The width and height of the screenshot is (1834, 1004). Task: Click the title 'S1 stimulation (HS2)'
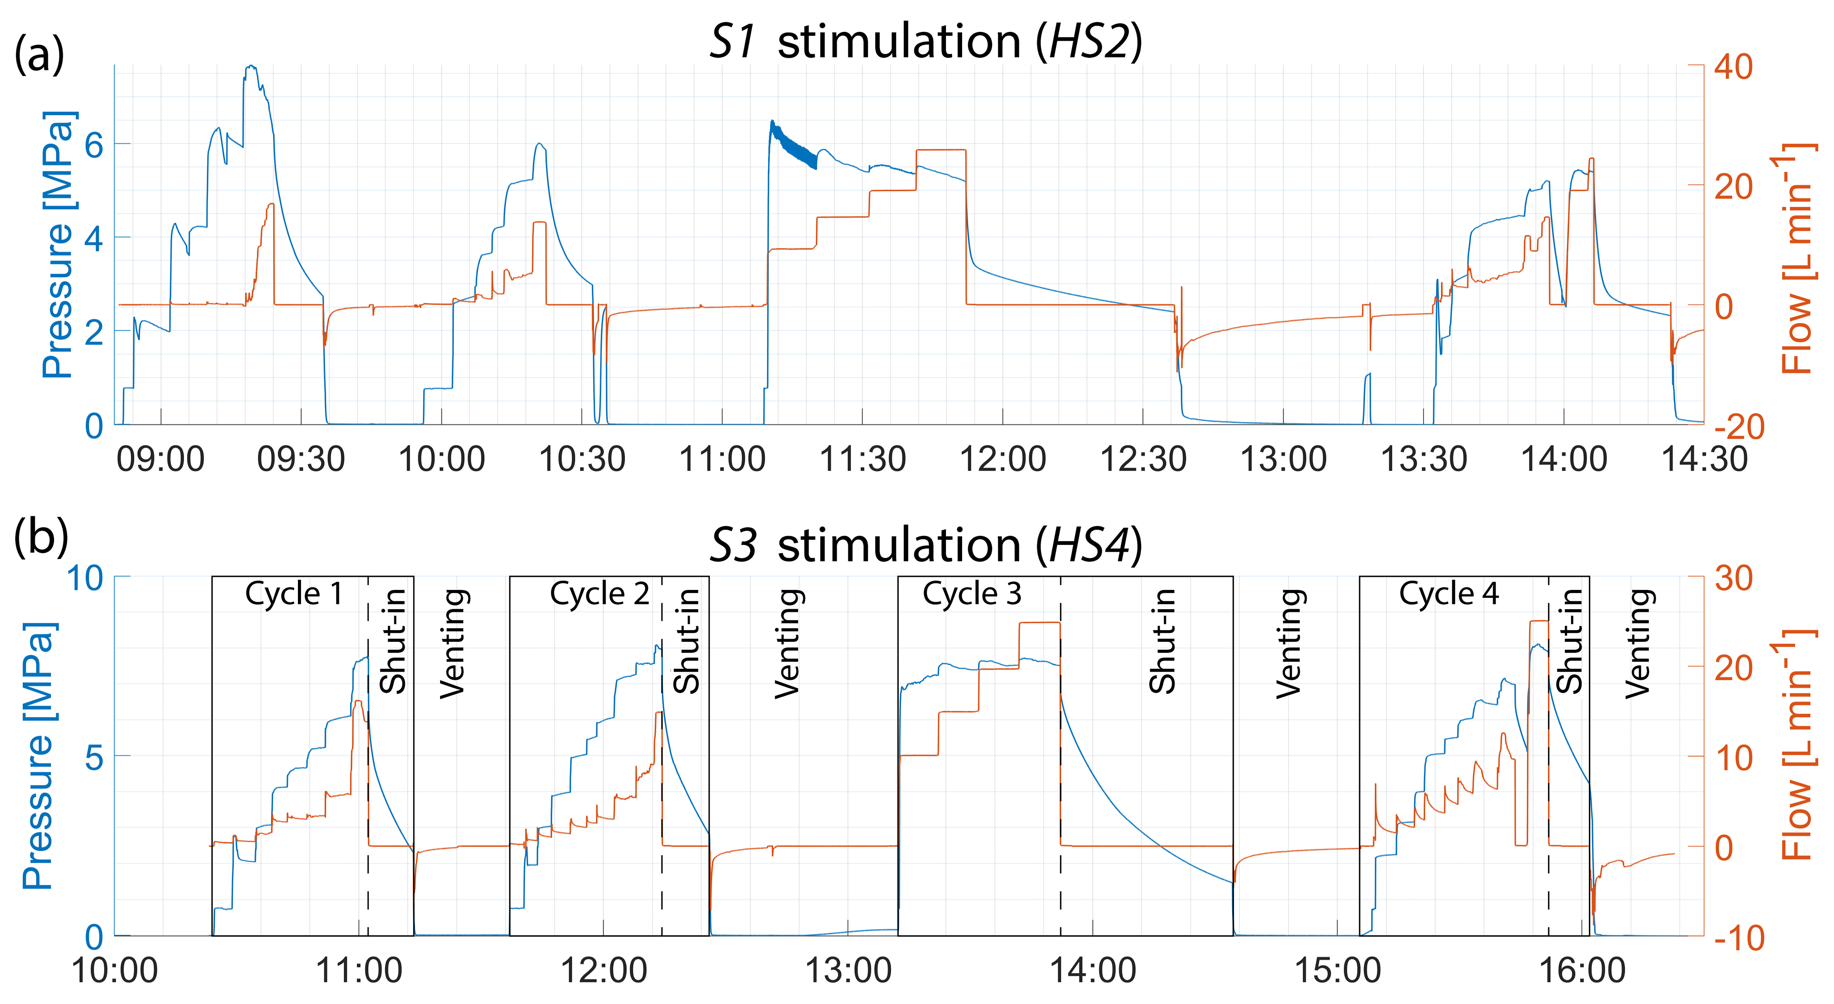(x=926, y=41)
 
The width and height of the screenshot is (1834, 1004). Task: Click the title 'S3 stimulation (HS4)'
(x=926, y=545)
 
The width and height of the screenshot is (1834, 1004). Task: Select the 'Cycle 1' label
(x=294, y=594)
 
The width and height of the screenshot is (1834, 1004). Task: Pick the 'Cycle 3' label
(x=972, y=594)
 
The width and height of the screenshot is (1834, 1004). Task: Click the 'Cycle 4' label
(x=1449, y=594)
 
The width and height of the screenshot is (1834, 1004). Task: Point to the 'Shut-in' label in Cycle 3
(x=1162, y=641)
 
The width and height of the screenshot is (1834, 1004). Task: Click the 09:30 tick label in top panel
(x=301, y=460)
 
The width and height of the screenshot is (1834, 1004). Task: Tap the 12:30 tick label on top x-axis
(x=1144, y=460)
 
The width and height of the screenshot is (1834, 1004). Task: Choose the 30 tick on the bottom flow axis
(x=1733, y=578)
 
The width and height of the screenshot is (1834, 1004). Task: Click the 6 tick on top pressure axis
(x=94, y=145)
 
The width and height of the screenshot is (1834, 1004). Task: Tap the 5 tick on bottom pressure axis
(x=94, y=757)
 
